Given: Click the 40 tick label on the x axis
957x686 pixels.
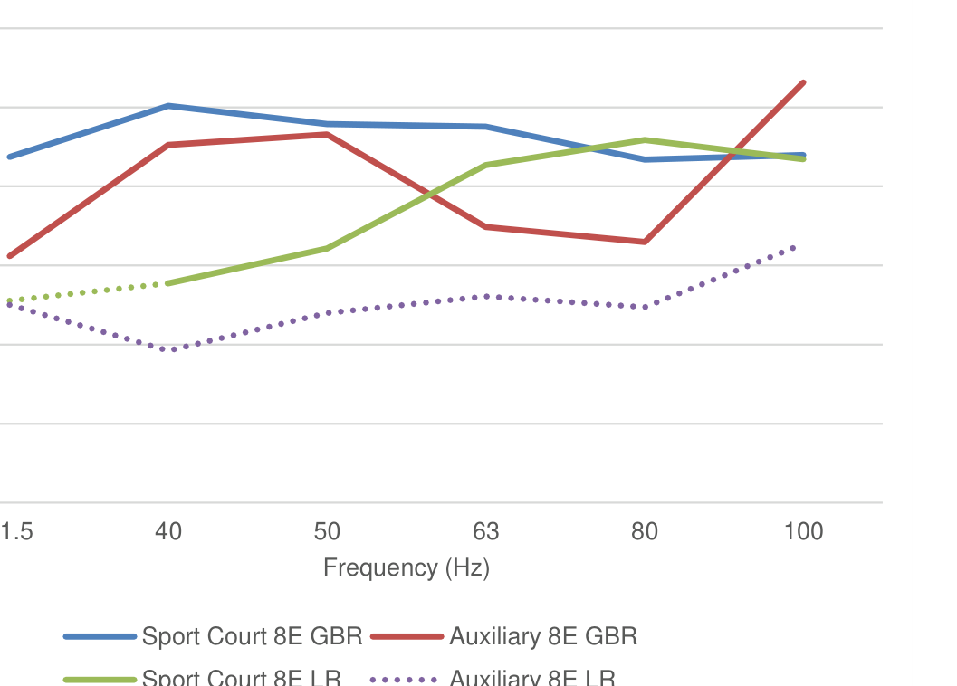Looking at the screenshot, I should point(168,531).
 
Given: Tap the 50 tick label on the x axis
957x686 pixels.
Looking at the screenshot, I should point(327,531).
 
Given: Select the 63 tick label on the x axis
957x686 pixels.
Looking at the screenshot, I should point(486,531).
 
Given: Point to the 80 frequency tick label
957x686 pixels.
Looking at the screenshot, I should point(645,531).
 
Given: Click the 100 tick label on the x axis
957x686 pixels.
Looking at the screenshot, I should point(803,531).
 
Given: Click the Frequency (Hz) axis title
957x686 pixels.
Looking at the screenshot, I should point(407,568).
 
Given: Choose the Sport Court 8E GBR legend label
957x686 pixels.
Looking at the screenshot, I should point(252,636).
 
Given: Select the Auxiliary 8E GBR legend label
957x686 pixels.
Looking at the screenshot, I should point(543,636).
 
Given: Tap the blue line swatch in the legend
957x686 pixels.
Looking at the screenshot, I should point(100,637).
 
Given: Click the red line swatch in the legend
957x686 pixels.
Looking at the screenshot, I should point(407,637).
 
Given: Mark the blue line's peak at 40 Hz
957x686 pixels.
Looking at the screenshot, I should point(168,106).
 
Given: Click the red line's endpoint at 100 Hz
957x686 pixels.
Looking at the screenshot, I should point(803,83).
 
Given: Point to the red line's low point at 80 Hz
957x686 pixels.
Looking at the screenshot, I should point(645,242).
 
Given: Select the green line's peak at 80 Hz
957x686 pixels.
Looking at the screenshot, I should point(645,140).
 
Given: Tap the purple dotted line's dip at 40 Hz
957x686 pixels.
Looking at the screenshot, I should point(168,349).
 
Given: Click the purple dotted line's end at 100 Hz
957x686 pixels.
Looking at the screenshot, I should point(795,247).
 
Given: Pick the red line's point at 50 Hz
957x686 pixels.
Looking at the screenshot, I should point(327,135).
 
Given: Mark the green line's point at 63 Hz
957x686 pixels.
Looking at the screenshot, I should point(486,166).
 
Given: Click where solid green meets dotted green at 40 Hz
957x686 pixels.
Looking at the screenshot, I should point(168,283).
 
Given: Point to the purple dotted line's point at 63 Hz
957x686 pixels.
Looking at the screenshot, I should point(486,297).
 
